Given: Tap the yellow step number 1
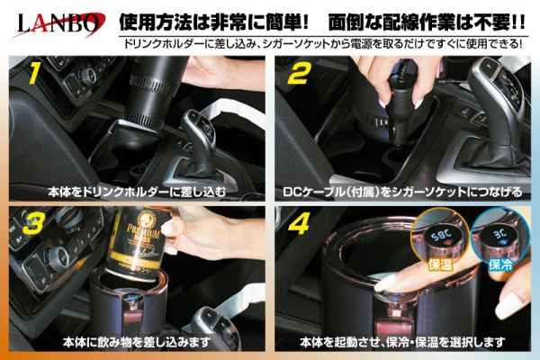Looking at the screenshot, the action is click(34, 74).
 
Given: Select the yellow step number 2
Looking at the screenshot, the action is click(299, 74).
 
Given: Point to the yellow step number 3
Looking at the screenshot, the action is click(33, 223).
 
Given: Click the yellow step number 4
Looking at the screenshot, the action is click(300, 223).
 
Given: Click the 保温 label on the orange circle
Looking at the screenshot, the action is click(440, 265).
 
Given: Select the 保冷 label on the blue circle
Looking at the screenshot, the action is click(500, 265).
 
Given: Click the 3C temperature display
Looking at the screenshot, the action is click(499, 234).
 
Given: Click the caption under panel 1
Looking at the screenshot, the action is click(137, 192).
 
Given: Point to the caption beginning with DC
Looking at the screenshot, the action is click(402, 192).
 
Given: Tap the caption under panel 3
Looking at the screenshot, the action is click(137, 342).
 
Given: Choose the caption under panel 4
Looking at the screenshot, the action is click(402, 342).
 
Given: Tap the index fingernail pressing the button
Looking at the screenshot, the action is click(385, 282).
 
